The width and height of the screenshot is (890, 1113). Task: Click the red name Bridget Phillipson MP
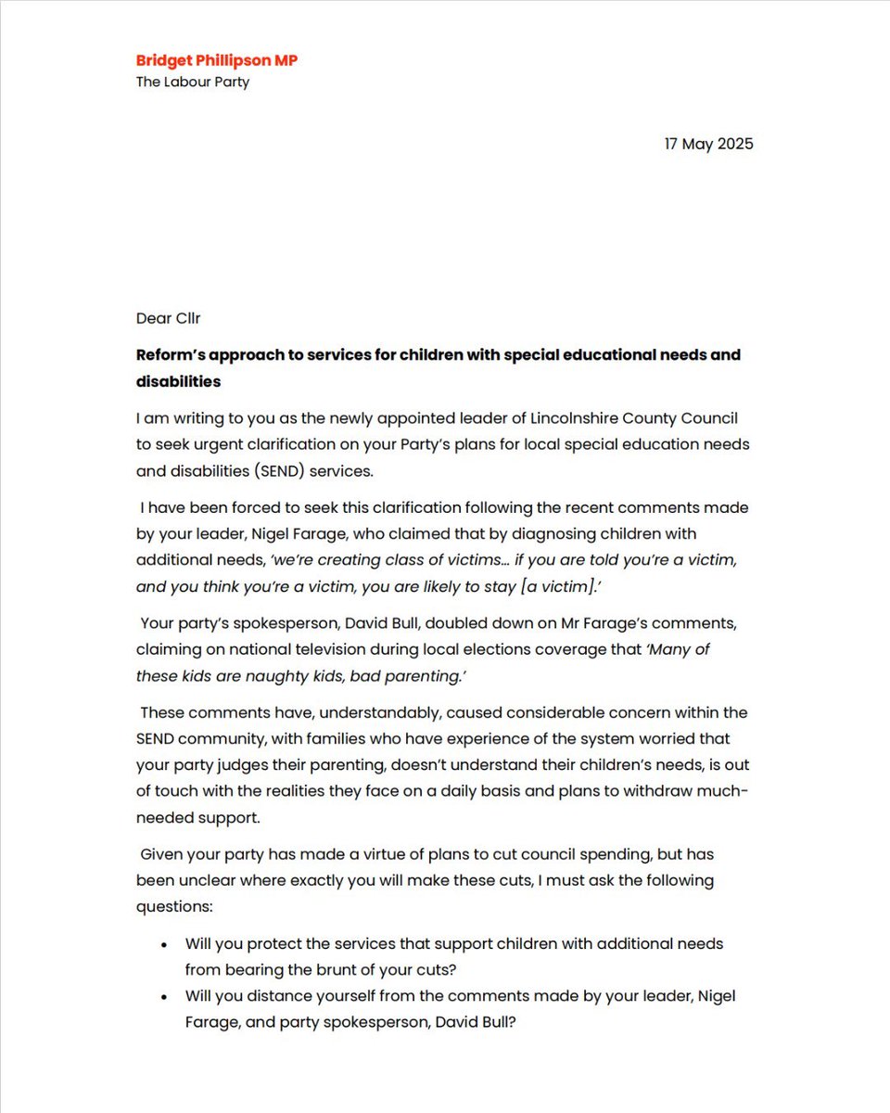pos(217,60)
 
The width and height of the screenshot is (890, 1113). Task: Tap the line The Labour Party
pos(193,82)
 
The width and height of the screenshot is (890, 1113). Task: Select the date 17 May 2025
pos(708,144)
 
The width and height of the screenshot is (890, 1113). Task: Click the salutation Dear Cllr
pos(169,318)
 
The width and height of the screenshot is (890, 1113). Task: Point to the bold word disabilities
pos(178,381)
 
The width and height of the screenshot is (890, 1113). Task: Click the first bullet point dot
pos(164,944)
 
